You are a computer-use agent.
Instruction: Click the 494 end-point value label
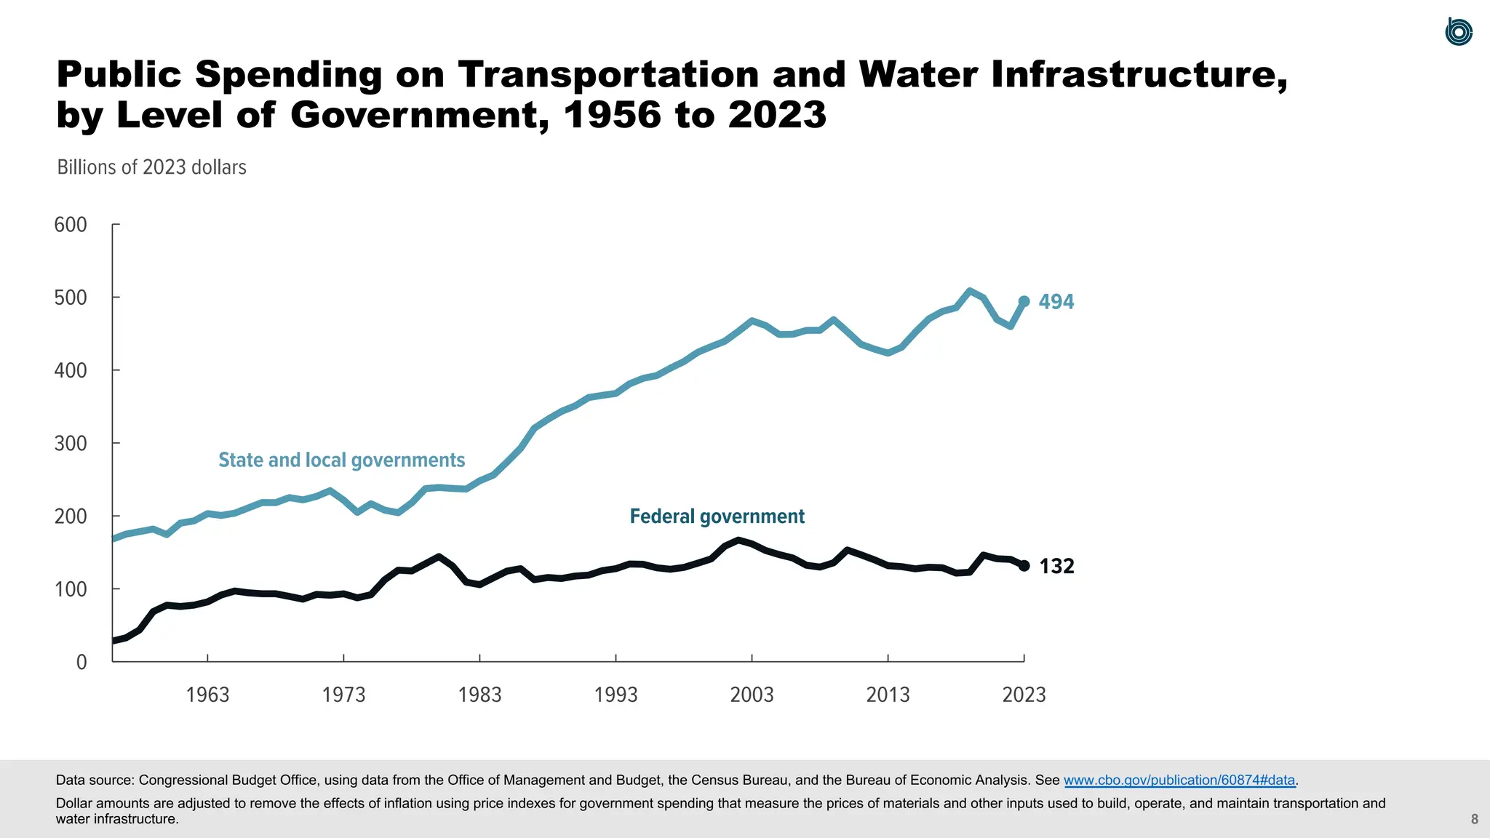pos(1056,301)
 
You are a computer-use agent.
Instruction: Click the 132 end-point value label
pos(1056,566)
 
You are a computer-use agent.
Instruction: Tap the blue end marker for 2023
pos(1024,301)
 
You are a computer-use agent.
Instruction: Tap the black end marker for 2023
pos(1024,566)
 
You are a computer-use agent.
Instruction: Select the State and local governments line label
pos(341,460)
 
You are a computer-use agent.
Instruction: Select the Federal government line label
pos(717,516)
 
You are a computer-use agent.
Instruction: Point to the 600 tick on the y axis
pos(71,225)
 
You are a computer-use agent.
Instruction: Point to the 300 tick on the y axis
pos(71,443)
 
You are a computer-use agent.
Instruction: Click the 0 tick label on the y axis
pos(81,662)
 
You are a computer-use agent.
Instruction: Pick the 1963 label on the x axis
pos(207,695)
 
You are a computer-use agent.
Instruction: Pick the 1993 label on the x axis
pos(615,695)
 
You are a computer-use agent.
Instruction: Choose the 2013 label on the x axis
pos(888,695)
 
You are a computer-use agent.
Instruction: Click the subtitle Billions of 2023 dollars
pos(151,167)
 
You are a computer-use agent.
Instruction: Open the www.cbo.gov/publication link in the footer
pos(1179,780)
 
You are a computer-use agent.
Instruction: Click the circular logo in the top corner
pos(1458,32)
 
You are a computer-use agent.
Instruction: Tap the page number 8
pos(1474,819)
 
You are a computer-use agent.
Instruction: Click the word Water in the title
pos(918,74)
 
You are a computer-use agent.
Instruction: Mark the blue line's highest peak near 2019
pos(969,291)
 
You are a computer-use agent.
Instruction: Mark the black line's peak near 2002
pos(738,540)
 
